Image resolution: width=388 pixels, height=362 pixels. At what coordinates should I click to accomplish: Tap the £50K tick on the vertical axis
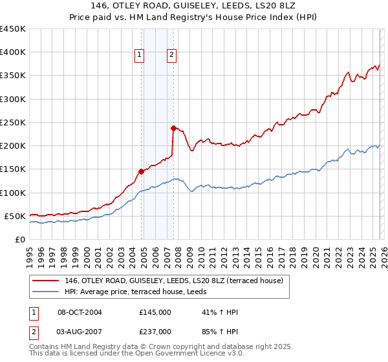coord(16,216)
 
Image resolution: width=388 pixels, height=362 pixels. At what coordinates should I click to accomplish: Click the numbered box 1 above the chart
coord(140,56)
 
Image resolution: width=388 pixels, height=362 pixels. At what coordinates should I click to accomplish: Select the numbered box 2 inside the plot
coord(172,56)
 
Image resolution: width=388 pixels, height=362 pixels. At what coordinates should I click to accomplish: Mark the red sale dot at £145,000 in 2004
coord(141,171)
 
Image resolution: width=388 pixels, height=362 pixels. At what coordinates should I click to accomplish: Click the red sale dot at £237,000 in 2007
coord(173,128)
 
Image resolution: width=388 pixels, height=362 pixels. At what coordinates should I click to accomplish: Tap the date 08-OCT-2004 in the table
coord(80,312)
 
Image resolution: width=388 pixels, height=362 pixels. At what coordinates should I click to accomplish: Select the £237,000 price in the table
coord(155,331)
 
